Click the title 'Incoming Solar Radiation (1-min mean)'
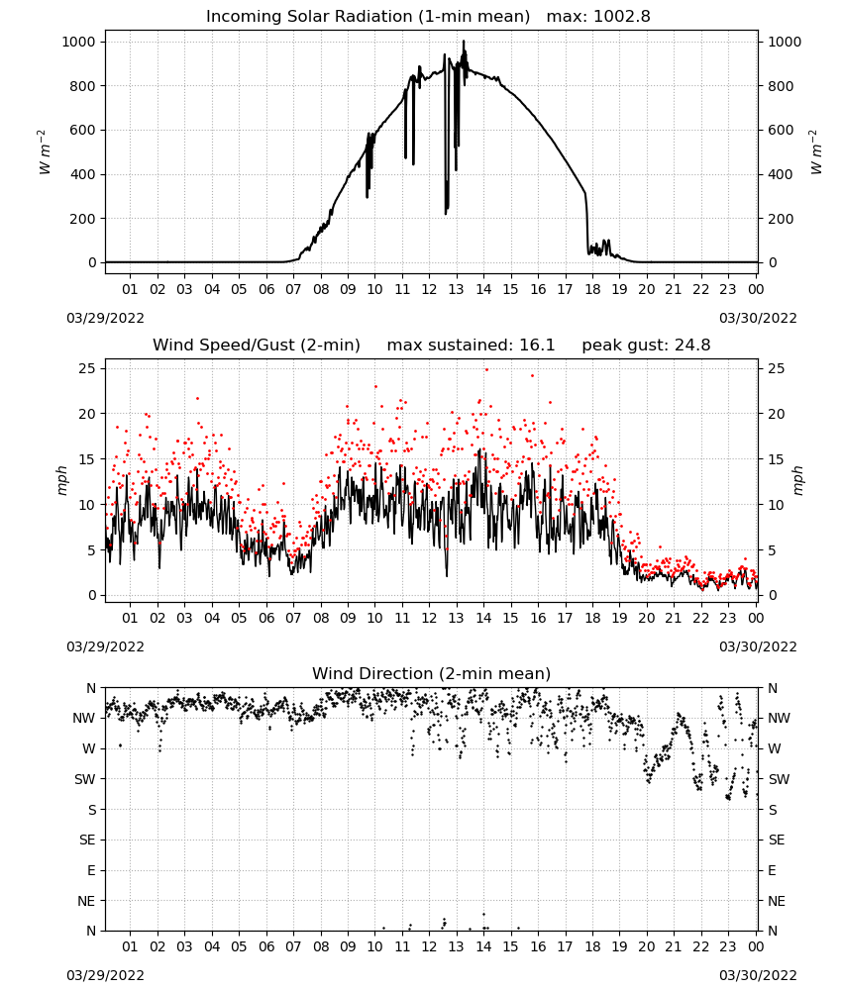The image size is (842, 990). (x=368, y=17)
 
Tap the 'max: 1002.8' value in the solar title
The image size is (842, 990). (x=598, y=17)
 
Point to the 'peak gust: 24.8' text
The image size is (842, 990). (x=646, y=346)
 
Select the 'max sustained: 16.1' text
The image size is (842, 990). (x=471, y=346)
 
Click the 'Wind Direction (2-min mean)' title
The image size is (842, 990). (x=432, y=673)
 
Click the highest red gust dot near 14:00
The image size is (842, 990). (x=486, y=369)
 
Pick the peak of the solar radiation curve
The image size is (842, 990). (x=464, y=41)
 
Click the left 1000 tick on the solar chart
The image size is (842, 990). (x=79, y=42)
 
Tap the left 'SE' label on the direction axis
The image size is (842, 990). (x=87, y=840)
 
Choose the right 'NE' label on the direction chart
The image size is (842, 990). (x=777, y=901)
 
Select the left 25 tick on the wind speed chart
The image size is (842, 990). (x=87, y=368)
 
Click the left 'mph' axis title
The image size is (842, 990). (x=61, y=480)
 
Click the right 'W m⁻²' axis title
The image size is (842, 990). (x=815, y=152)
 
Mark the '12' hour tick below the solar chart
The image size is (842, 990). (x=429, y=289)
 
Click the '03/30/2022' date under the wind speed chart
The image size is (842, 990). (x=758, y=646)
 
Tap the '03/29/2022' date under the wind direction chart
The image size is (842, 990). (x=105, y=975)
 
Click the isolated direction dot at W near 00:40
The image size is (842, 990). (x=120, y=745)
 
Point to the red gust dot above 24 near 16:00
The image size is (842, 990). (x=533, y=375)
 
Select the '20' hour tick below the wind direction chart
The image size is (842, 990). (x=646, y=946)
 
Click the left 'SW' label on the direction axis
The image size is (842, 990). (x=85, y=779)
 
